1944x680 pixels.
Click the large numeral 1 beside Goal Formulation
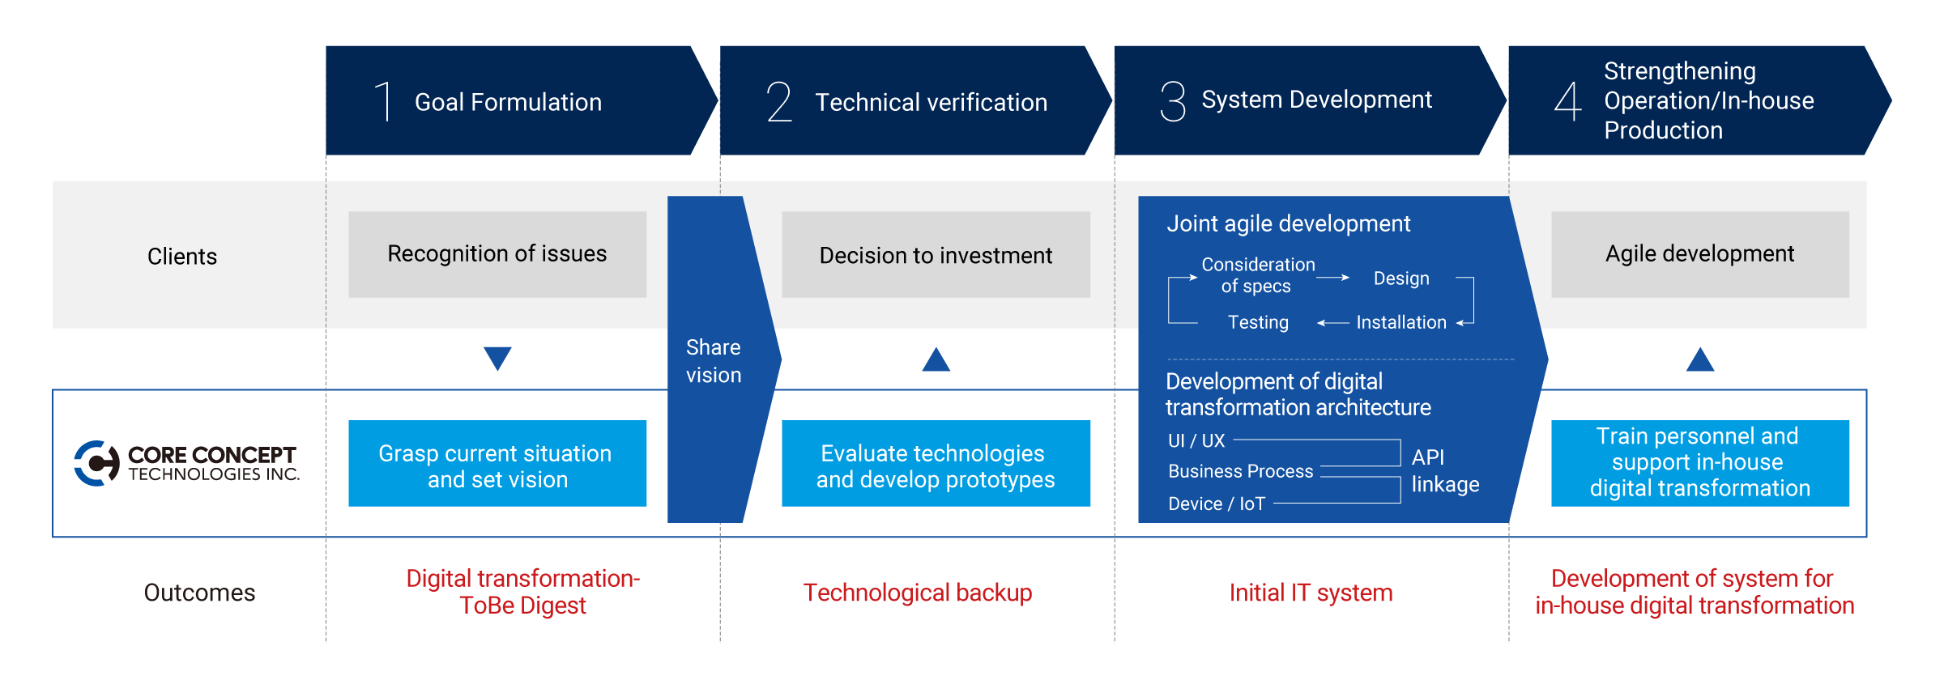click(x=385, y=101)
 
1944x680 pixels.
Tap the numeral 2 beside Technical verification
click(x=779, y=101)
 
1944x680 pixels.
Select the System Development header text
click(x=1316, y=100)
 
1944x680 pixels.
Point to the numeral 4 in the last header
click(x=1568, y=101)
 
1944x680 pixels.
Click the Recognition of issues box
click(x=497, y=254)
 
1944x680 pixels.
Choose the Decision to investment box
click(x=936, y=254)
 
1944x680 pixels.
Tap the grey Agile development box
click(x=1700, y=254)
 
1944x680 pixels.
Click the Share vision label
click(x=714, y=361)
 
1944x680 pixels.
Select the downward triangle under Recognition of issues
click(x=497, y=359)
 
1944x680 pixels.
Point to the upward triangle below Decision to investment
click(x=936, y=359)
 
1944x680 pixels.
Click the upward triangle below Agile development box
click(x=1700, y=359)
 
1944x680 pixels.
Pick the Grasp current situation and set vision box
click(x=497, y=463)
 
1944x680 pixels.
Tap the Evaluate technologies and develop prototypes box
click(x=936, y=463)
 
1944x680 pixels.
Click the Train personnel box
click(x=1700, y=463)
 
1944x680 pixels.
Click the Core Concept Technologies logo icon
click(x=97, y=463)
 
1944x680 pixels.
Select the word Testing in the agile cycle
click(x=1258, y=322)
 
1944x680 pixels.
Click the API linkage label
click(x=1445, y=470)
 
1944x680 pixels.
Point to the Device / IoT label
click(x=1217, y=504)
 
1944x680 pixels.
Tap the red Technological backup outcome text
click(x=918, y=593)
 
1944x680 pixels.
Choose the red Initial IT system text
click(x=1311, y=593)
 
